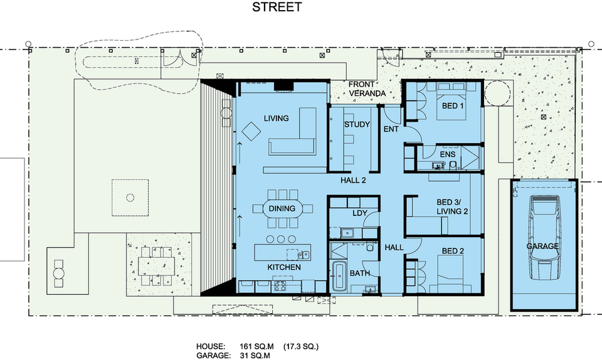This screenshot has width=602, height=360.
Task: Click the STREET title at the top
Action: pos(277,8)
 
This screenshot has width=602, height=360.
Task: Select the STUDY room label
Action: pos(356,124)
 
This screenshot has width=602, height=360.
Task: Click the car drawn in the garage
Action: pos(543,238)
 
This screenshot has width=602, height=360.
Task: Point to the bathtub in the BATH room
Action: pos(339,277)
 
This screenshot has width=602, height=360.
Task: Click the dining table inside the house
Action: pos(282,209)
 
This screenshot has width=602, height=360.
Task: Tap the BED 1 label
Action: pos(453,106)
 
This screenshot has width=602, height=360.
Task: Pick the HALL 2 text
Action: pos(353,181)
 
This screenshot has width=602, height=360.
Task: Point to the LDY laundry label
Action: pos(359,213)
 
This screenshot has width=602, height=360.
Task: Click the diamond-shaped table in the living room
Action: pos(251,132)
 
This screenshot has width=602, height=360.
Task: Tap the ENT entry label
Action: pos(391,129)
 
